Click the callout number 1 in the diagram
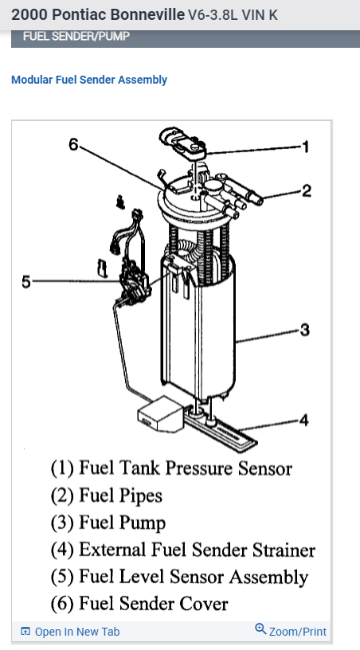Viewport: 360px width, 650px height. click(306, 147)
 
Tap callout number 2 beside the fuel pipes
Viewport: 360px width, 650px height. click(306, 190)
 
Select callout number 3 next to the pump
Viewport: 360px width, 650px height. click(305, 330)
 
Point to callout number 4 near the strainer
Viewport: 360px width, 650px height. click(304, 421)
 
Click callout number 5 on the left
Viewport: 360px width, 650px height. click(26, 282)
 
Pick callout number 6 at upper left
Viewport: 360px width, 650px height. click(73, 144)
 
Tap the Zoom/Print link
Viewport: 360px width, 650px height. click(297, 632)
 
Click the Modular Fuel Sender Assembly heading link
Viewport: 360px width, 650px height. click(89, 80)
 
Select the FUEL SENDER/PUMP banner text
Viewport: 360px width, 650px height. click(76, 36)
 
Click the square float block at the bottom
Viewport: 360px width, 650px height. click(159, 413)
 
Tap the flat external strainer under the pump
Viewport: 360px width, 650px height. click(220, 429)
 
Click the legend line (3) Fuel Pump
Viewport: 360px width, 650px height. click(108, 523)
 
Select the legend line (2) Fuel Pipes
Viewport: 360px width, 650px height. click(107, 495)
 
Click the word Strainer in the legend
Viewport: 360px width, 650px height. click(284, 550)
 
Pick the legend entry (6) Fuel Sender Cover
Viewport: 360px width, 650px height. click(139, 604)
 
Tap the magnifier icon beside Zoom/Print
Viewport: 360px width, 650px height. click(260, 629)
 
